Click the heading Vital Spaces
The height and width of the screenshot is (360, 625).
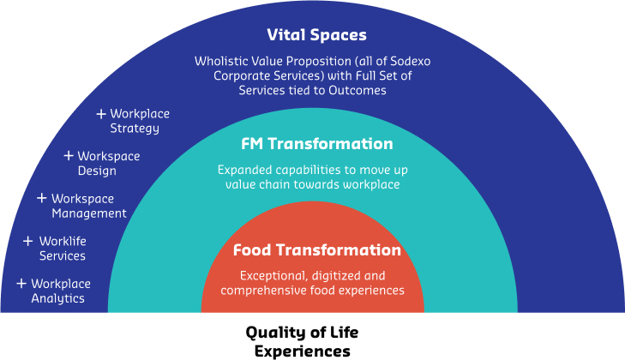pyautogui.click(x=316, y=35)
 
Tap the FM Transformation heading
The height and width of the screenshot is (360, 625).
pyautogui.click(x=317, y=143)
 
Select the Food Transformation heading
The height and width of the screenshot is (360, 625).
pyautogui.click(x=317, y=250)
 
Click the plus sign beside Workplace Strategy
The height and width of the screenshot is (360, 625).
pyautogui.click(x=101, y=114)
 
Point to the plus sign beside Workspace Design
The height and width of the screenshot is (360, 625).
pyautogui.click(x=69, y=155)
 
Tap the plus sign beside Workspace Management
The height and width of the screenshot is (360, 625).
pyautogui.click(x=41, y=198)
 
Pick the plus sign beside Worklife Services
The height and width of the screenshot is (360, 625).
pyautogui.click(x=27, y=241)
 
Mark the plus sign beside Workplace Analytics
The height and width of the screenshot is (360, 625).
pyautogui.click(x=21, y=283)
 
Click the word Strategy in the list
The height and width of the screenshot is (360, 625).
pyautogui.click(x=135, y=129)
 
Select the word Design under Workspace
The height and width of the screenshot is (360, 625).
pyautogui.click(x=97, y=171)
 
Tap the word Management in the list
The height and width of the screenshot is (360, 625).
pyautogui.click(x=89, y=213)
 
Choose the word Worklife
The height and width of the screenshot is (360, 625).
pyautogui.click(x=63, y=241)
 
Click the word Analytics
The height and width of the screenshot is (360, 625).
pyautogui.click(x=57, y=298)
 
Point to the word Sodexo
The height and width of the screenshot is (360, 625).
pyautogui.click(x=410, y=61)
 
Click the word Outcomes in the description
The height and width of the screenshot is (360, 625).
pyautogui.click(x=358, y=91)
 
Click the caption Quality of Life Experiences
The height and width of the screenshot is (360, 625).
pyautogui.click(x=302, y=342)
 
